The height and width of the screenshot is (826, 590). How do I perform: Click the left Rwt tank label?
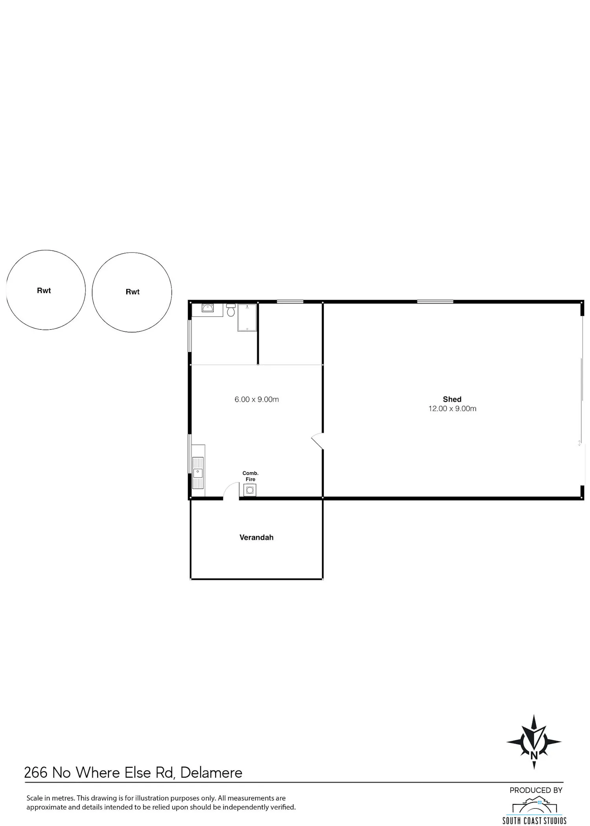44,291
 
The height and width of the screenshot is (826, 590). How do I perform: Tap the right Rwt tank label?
133,292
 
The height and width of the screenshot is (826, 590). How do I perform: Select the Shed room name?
452,399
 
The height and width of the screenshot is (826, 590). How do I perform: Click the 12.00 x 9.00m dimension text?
452,409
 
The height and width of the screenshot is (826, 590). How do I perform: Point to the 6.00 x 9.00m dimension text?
256,400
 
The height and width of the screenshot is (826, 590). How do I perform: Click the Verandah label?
256,537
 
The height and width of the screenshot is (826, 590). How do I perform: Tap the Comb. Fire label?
251,476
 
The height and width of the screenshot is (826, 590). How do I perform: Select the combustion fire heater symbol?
250,490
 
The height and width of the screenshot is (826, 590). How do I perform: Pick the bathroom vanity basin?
208,308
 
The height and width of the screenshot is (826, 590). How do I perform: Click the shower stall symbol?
247,317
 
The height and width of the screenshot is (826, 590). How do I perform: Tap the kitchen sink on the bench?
198,472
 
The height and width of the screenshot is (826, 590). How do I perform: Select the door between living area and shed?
317,441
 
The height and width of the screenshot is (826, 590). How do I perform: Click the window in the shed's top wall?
435,302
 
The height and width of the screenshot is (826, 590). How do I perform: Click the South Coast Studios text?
534,820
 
